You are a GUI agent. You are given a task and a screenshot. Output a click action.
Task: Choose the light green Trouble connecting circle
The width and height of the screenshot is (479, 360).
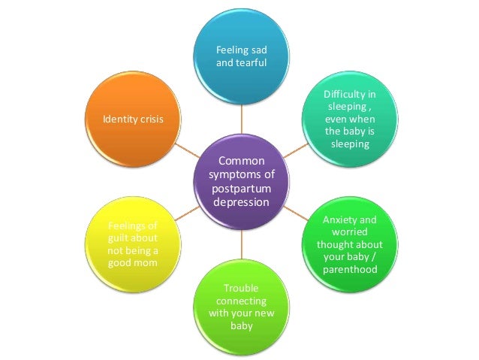[x=241, y=307]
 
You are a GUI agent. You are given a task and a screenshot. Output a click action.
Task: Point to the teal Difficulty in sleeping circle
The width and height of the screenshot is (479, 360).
[x=348, y=119]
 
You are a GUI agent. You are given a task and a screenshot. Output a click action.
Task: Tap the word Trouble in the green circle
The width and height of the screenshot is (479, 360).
[x=241, y=289]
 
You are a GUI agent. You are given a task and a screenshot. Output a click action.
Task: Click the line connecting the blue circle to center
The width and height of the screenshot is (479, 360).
[x=241, y=116]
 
